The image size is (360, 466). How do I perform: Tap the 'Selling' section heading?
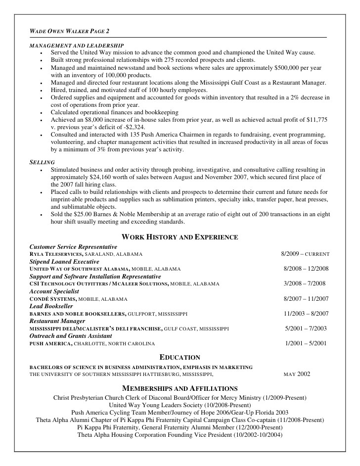(42, 162)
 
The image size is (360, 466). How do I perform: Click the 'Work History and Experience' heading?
(180, 237)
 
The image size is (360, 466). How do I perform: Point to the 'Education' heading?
(180, 357)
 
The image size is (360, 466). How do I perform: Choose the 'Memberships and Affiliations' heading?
(180, 388)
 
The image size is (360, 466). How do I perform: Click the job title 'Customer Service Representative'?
(73, 246)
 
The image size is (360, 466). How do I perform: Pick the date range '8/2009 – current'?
(305, 254)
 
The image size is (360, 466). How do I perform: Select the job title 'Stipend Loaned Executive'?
(64, 261)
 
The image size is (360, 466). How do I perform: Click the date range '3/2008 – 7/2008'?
(305, 283)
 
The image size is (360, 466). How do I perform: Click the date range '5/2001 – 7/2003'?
(305, 328)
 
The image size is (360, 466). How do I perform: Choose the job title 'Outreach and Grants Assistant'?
(71, 336)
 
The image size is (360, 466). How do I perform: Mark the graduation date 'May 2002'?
(297, 374)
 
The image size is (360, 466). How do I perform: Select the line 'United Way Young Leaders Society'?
(180, 405)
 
